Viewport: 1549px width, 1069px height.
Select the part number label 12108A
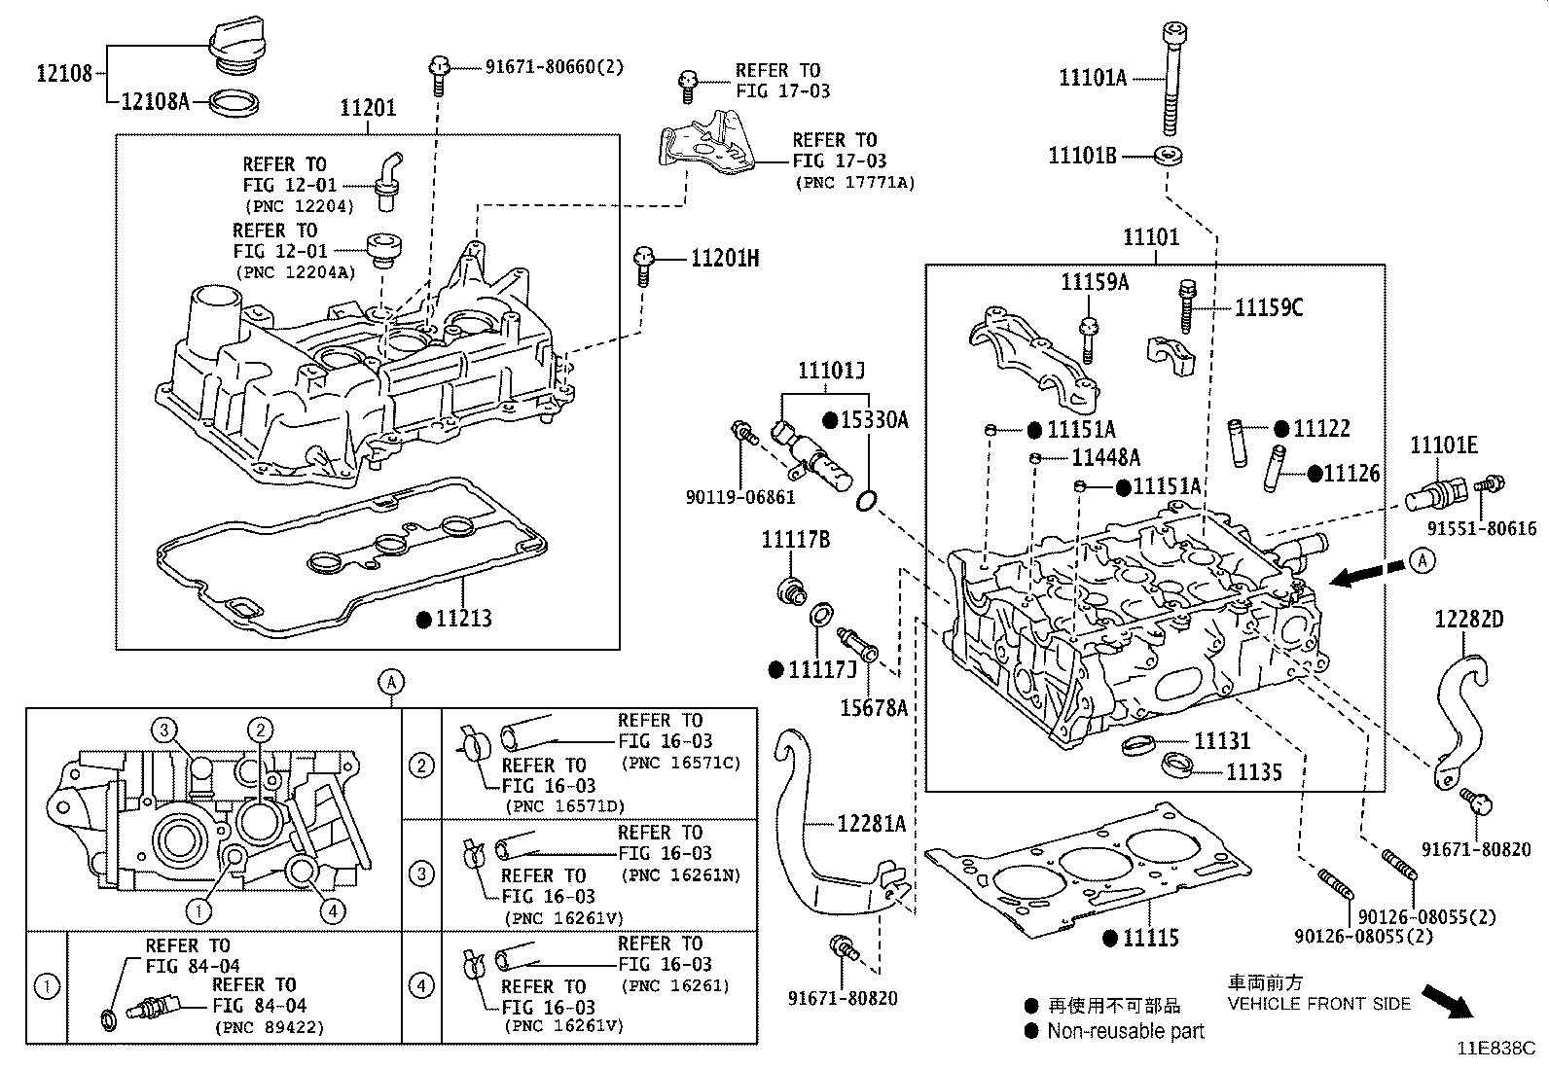click(154, 100)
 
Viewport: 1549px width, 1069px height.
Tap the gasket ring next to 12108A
click(234, 101)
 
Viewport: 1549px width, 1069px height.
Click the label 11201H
click(725, 259)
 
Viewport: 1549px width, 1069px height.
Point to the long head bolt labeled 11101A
click(1171, 78)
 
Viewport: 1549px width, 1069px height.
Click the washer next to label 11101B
click(1167, 155)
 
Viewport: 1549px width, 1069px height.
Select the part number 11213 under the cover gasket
click(463, 619)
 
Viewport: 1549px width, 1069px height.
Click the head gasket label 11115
click(1150, 939)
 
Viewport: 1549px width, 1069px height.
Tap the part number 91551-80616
click(1482, 529)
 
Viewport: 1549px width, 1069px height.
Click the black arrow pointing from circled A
click(1361, 575)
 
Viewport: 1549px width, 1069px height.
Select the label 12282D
click(1468, 620)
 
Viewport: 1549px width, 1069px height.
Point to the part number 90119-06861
click(739, 498)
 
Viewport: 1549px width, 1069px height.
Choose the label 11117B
click(795, 540)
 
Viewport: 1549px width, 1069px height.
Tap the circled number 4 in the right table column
click(421, 986)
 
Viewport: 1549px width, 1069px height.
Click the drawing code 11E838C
click(1495, 1049)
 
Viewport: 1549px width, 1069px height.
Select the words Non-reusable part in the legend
click(1126, 1032)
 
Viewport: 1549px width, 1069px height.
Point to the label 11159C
click(1269, 307)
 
